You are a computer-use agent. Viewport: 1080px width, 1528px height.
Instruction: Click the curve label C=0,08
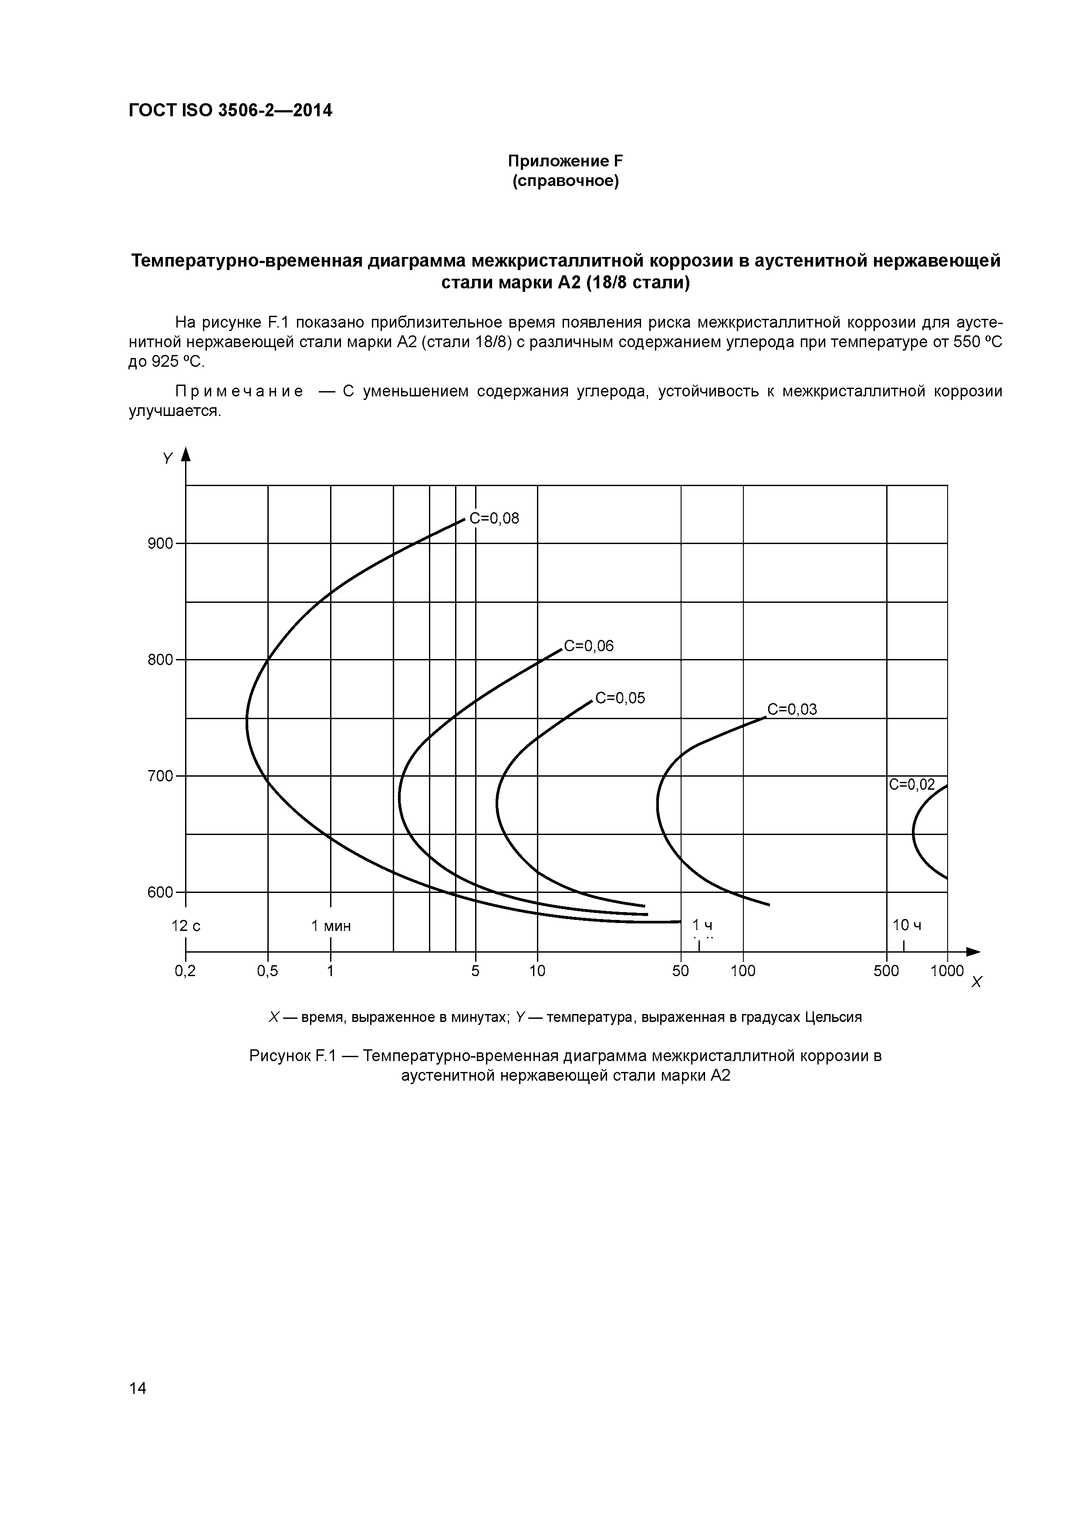pyautogui.click(x=494, y=518)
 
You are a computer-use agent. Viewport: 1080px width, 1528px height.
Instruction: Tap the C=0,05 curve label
pyautogui.click(x=620, y=697)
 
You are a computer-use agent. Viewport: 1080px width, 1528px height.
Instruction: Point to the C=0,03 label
pyautogui.click(x=792, y=710)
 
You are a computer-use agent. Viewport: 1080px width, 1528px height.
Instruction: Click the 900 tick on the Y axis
pyautogui.click(x=160, y=544)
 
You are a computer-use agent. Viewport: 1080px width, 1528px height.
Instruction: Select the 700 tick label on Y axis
pyautogui.click(x=160, y=776)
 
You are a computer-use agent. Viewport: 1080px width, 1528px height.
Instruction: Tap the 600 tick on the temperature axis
pyautogui.click(x=160, y=892)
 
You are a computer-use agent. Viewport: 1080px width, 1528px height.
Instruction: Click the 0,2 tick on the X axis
pyautogui.click(x=185, y=971)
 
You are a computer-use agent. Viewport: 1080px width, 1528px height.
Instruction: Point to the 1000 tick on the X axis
pyautogui.click(x=947, y=971)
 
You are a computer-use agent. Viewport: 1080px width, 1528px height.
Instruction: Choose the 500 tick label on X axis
pyautogui.click(x=886, y=971)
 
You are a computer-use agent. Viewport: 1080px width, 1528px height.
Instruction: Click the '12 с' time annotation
pyautogui.click(x=186, y=926)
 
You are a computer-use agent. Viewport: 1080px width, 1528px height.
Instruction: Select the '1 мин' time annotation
pyautogui.click(x=331, y=926)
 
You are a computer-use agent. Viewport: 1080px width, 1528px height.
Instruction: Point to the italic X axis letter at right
pyautogui.click(x=976, y=982)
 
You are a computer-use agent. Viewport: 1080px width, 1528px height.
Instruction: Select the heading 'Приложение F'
pyautogui.click(x=565, y=161)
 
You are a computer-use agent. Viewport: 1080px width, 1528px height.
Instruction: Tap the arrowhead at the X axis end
pyautogui.click(x=974, y=952)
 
